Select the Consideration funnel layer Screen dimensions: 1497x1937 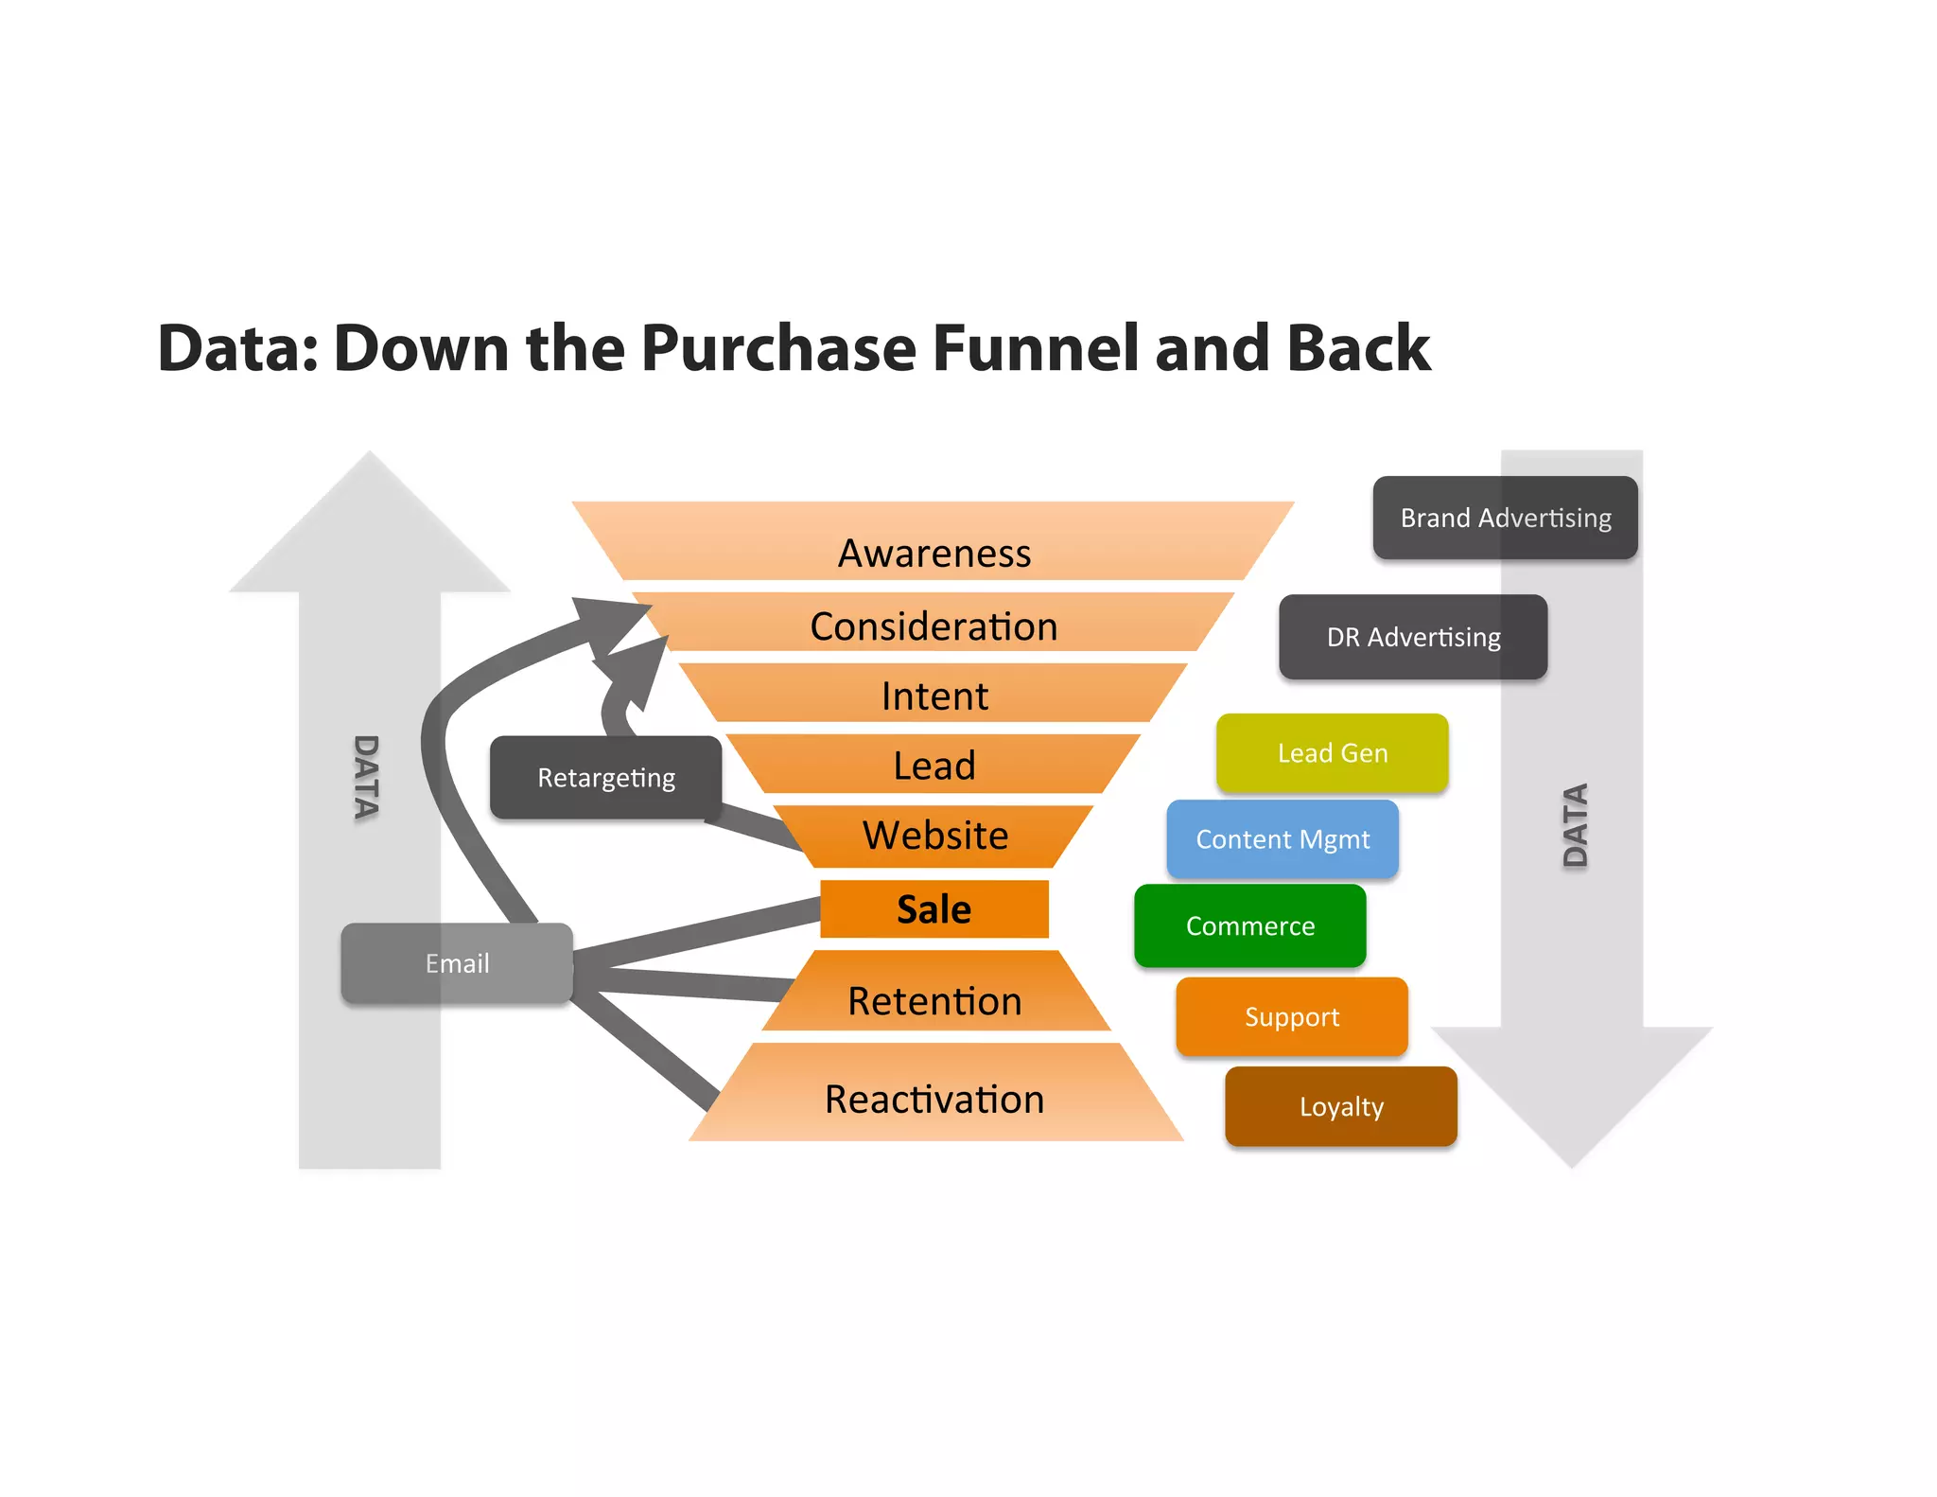(934, 625)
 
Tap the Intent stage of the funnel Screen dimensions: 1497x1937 (934, 696)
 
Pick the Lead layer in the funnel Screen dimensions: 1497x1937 (934, 765)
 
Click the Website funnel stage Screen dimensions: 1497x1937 (934, 836)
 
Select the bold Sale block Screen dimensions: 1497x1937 (934, 909)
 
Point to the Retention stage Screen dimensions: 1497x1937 (934, 1000)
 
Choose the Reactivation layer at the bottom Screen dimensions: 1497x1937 (934, 1099)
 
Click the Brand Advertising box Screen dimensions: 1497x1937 (1505, 518)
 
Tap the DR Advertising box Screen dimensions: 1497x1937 (1412, 637)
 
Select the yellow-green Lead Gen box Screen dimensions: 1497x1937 (1332, 753)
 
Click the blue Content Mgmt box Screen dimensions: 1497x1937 (1282, 839)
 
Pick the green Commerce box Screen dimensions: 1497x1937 (1249, 925)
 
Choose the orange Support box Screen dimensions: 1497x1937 (1291, 1017)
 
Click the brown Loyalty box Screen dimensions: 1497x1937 (1340, 1106)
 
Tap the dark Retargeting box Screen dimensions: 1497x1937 (605, 778)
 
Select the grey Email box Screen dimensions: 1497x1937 (457, 963)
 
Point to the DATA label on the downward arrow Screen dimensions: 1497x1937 (1575, 825)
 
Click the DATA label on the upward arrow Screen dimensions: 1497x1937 (366, 776)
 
